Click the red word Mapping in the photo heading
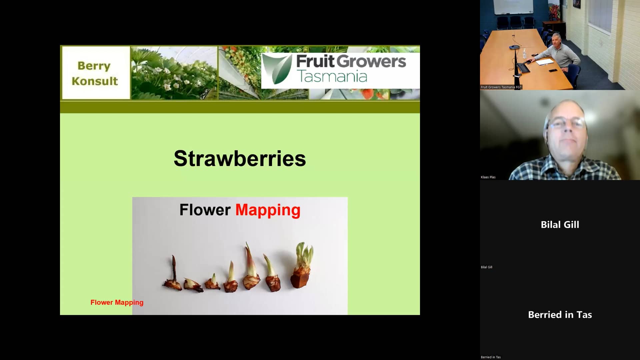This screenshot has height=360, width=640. pyautogui.click(x=268, y=210)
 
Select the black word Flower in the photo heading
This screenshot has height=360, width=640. pyautogui.click(x=205, y=210)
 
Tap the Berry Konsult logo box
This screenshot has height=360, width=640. pyautogui.click(x=95, y=73)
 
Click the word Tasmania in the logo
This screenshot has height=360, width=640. pyautogui.click(x=332, y=76)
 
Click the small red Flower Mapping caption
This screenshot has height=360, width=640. pyautogui.click(x=117, y=302)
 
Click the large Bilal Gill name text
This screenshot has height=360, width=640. pyautogui.click(x=560, y=225)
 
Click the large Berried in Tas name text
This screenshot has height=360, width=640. pyautogui.click(x=560, y=315)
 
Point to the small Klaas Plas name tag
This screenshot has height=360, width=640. pyautogui.click(x=488, y=177)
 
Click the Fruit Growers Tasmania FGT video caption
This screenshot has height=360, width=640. pyautogui.click(x=501, y=87)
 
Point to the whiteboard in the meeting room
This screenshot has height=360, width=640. pyautogui.click(x=513, y=7)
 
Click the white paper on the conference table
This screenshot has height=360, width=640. pyautogui.click(x=544, y=62)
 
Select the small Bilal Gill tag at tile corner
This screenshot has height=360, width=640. pyautogui.click(x=486, y=267)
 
